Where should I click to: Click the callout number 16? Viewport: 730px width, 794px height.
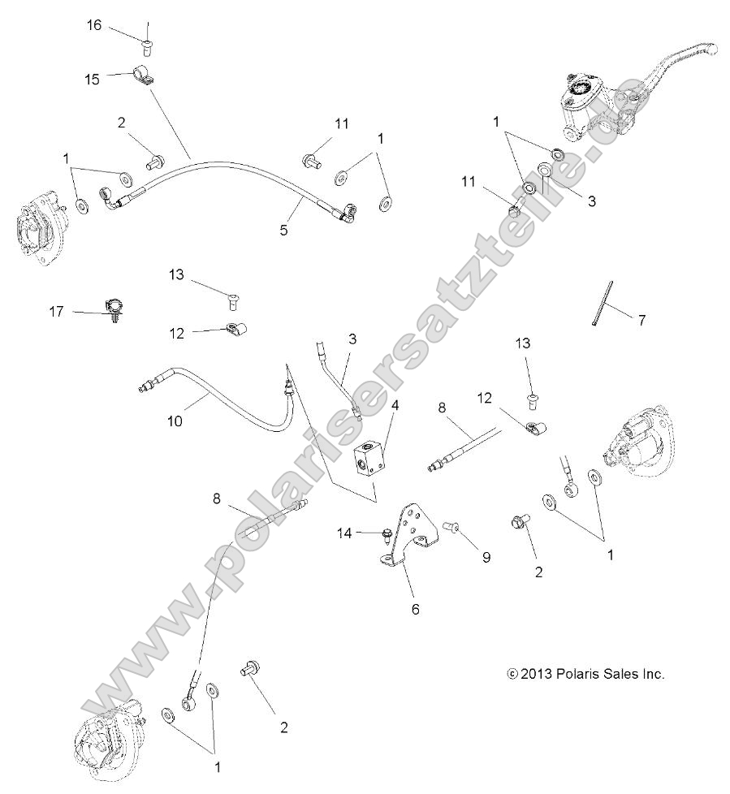(94, 25)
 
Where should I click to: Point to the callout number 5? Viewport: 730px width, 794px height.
(283, 230)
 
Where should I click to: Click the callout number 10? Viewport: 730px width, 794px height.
(175, 421)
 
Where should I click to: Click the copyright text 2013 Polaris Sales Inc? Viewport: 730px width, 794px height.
(585, 674)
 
